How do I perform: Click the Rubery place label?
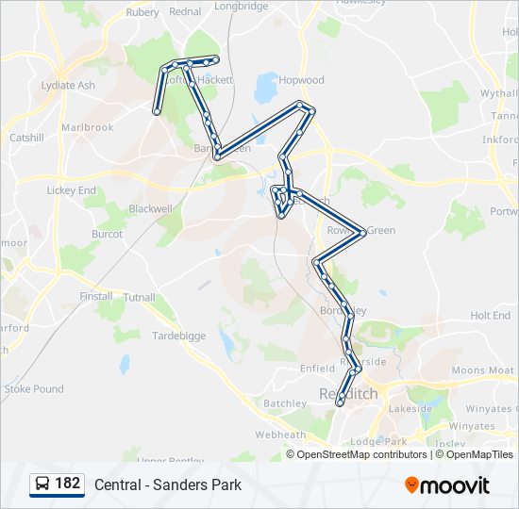pyautogui.click(x=142, y=12)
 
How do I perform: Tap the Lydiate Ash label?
pyautogui.click(x=68, y=85)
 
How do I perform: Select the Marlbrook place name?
pyautogui.click(x=87, y=127)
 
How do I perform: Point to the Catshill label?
pyautogui.click(x=26, y=138)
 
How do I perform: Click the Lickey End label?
pyautogui.click(x=72, y=190)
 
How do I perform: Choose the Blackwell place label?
pyautogui.click(x=151, y=208)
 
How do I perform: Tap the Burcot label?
pyautogui.click(x=107, y=234)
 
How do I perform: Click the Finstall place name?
pyautogui.click(x=96, y=296)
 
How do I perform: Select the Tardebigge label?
pyautogui.click(x=178, y=335)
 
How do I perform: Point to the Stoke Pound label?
pyautogui.click(x=34, y=388)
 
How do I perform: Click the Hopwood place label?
pyautogui.click(x=301, y=81)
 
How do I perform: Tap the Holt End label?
pyautogui.click(x=490, y=316)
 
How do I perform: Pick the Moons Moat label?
pyautogui.click(x=483, y=370)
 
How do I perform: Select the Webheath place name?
pyautogui.click(x=280, y=435)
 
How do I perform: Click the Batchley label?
pyautogui.click(x=285, y=403)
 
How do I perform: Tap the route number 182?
pyautogui.click(x=67, y=484)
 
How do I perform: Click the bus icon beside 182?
pyautogui.click(x=42, y=484)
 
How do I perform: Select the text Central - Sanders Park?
pyautogui.click(x=168, y=484)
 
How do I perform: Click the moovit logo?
pyautogui.click(x=447, y=484)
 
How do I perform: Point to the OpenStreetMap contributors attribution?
pyautogui.click(x=362, y=454)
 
